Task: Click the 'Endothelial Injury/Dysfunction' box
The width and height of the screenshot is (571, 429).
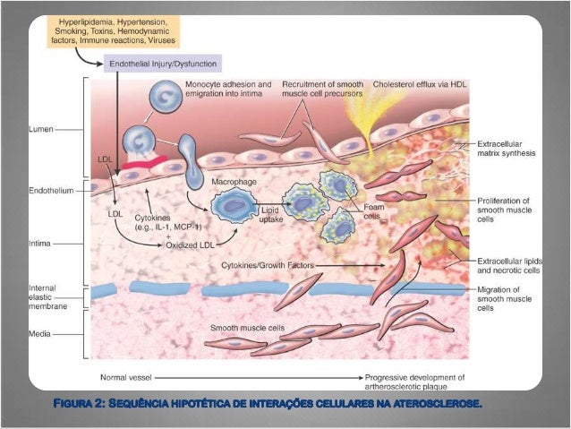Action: (x=163, y=64)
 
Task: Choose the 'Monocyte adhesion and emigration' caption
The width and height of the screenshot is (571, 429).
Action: (x=227, y=88)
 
